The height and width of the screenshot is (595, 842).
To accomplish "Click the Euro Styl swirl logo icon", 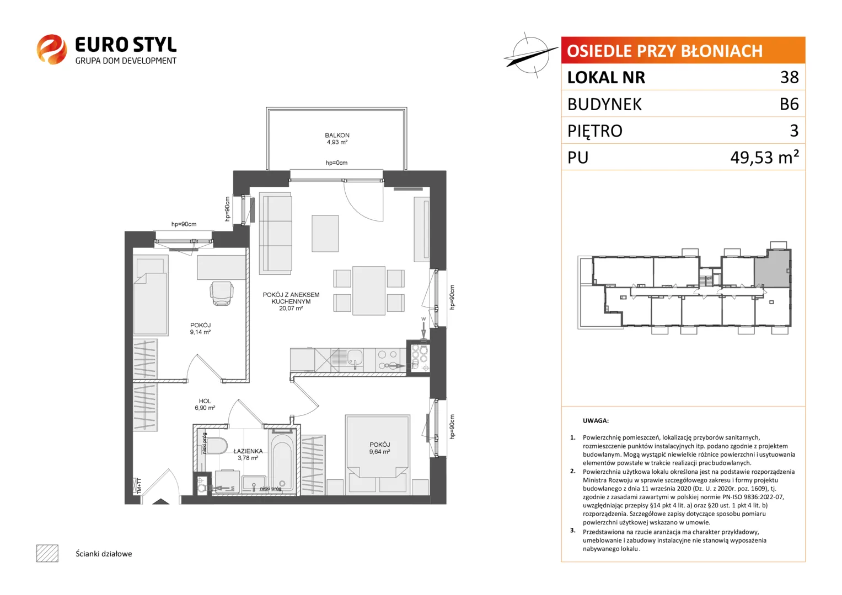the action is [x=52, y=49].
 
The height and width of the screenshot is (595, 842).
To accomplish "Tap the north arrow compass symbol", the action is [x=531, y=56].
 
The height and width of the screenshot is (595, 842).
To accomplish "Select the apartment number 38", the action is [x=790, y=77].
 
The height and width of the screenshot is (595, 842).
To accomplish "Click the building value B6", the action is [x=789, y=104].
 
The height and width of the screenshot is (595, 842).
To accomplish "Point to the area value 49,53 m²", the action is [x=765, y=157].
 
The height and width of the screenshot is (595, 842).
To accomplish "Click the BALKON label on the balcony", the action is [x=337, y=135].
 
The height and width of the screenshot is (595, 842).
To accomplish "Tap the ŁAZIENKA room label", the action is [x=248, y=451].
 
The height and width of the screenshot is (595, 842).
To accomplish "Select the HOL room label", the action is [x=205, y=401].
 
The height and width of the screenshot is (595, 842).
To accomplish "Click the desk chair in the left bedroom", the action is [x=222, y=293].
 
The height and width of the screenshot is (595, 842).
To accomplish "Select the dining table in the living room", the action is [x=369, y=291].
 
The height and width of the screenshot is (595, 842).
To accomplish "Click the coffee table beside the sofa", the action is [x=325, y=233].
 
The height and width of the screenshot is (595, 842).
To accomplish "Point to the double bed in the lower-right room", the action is [x=377, y=454].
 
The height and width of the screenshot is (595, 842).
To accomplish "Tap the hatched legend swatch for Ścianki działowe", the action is [x=47, y=553].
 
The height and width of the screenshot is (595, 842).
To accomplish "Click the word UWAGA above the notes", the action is [x=596, y=421].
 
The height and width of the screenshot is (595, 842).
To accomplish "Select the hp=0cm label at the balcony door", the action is [x=336, y=163].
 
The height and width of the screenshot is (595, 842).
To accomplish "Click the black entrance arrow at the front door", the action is [x=160, y=501].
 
